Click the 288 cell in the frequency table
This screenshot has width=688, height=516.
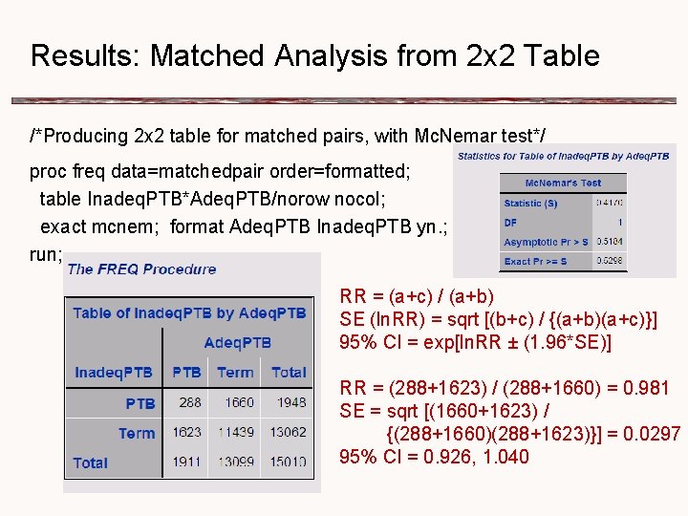[189, 403]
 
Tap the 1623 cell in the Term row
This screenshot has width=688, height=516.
[187, 433]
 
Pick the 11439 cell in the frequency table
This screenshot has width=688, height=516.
[235, 433]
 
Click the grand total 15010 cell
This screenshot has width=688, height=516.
[288, 462]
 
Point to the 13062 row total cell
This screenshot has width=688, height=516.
[288, 433]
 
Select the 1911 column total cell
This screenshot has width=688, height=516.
[187, 462]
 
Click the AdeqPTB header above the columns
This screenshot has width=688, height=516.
[237, 342]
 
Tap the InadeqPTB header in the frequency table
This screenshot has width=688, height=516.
[114, 373]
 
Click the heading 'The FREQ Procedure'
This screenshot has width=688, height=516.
[141, 269]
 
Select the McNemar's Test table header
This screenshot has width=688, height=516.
[563, 183]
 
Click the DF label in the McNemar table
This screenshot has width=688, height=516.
[511, 222]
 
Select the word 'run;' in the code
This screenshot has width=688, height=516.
[47, 254]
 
